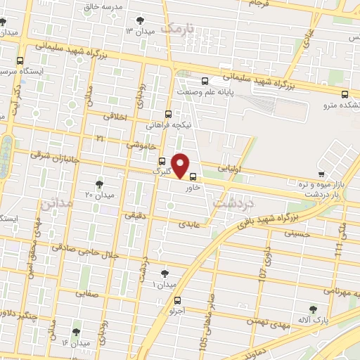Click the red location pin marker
(181, 165)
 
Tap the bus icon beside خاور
(193, 177)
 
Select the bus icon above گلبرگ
(162, 160)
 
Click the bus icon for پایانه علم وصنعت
(205, 81)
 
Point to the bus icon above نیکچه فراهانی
(167, 114)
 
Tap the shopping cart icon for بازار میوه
(321, 173)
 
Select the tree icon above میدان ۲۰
(98, 184)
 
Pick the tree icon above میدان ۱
(165, 274)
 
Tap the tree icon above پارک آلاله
(313, 309)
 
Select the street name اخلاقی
(117, 117)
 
